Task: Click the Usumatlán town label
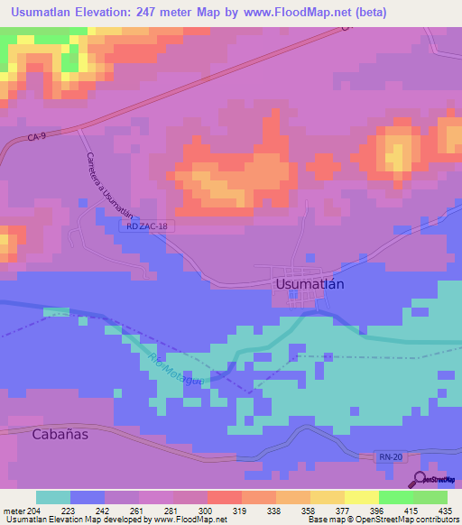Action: pyautogui.click(x=309, y=283)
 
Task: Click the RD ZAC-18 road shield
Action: pyautogui.click(x=143, y=226)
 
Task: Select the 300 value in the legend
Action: pyautogui.click(x=208, y=509)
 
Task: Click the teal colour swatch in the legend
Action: pyautogui.click(x=53, y=496)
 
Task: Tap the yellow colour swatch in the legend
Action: pyautogui.click(x=362, y=496)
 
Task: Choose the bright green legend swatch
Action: pyautogui.click(x=396, y=496)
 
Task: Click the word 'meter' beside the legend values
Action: pyautogui.click(x=13, y=509)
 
